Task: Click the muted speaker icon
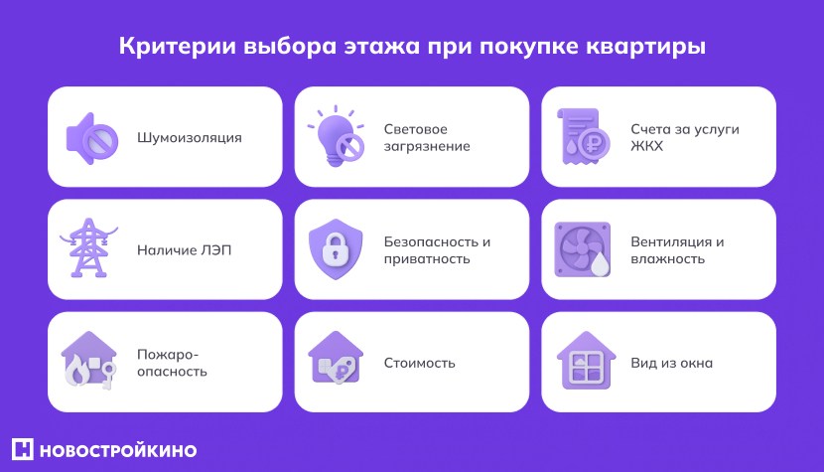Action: (x=91, y=137)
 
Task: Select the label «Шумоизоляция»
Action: (x=189, y=137)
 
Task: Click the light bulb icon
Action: (x=335, y=136)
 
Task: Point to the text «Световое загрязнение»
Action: (x=427, y=137)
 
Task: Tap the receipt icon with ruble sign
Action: (x=584, y=137)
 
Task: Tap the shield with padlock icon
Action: (x=336, y=249)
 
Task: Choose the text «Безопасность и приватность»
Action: (x=437, y=250)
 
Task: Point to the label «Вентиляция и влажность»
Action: (x=677, y=250)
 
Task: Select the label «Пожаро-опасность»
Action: (x=172, y=363)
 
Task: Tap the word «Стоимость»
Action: (x=419, y=363)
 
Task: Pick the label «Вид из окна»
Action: (x=671, y=363)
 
